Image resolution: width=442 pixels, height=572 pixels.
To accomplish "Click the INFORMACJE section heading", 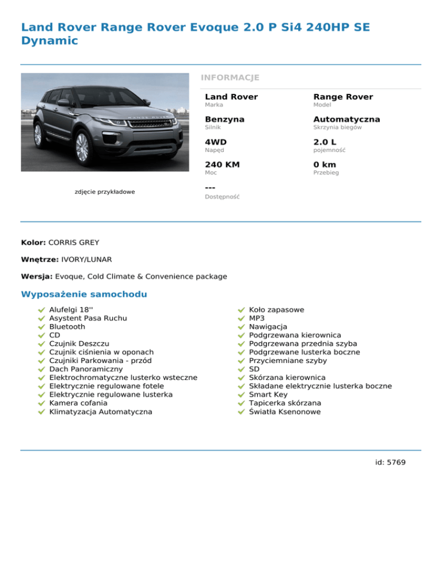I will click(x=230, y=78).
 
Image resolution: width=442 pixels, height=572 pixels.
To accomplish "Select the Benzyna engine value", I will click(x=224, y=120).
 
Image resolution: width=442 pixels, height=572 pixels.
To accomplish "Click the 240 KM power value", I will click(x=223, y=165).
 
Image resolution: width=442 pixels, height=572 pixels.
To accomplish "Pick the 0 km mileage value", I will click(x=325, y=165).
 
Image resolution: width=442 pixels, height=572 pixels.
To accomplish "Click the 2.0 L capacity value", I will click(x=325, y=142).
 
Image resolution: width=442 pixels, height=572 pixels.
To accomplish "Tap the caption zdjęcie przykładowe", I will click(x=105, y=192).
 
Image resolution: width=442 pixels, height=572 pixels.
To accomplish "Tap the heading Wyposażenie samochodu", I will click(x=84, y=295).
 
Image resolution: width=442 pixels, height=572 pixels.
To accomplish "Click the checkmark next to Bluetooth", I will click(x=41, y=327).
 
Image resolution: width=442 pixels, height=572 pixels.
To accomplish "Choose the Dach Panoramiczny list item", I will click(x=86, y=369).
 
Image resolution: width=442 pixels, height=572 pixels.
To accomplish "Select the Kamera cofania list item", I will click(x=78, y=403).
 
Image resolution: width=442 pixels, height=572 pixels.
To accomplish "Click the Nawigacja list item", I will click(x=268, y=327).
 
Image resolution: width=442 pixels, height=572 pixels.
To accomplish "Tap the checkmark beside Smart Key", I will click(x=241, y=395).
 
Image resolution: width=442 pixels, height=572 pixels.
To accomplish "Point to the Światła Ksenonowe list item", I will click(x=285, y=412).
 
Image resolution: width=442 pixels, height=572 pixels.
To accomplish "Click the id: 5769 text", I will click(x=390, y=462).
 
